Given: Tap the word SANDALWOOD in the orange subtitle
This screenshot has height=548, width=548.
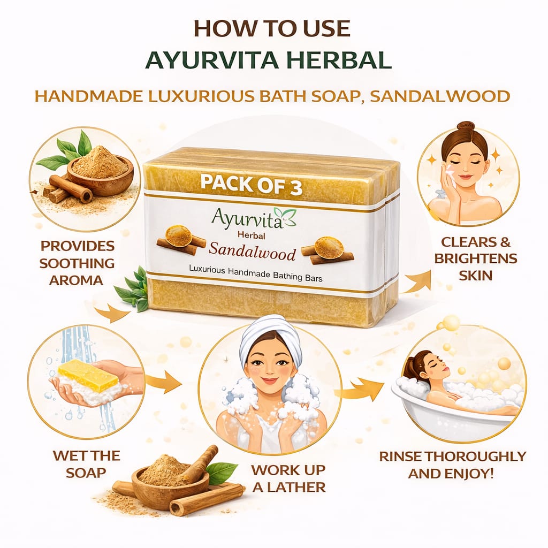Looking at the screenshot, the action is point(440,96).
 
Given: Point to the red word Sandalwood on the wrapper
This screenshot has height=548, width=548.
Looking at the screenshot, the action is point(253,253).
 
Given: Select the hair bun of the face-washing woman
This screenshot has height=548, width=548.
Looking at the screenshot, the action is point(467,126).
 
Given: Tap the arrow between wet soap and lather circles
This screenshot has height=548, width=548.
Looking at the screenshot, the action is point(164,383).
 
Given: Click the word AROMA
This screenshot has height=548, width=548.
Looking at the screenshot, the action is point(76,280).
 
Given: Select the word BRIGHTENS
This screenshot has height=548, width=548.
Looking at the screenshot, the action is point(476,258).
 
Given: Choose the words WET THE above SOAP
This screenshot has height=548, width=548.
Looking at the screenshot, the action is point(86,456).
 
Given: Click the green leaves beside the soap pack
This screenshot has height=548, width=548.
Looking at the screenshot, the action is point(133,288).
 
